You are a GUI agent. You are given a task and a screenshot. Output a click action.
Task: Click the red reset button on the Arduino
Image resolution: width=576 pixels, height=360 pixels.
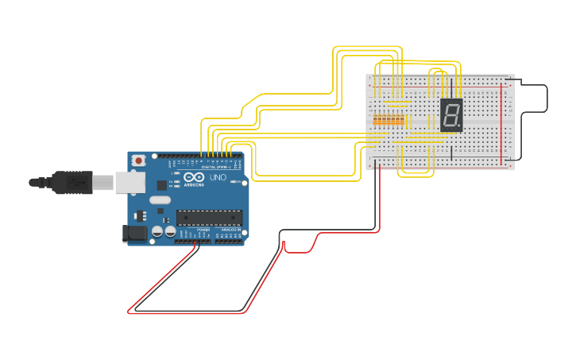pos(139,161)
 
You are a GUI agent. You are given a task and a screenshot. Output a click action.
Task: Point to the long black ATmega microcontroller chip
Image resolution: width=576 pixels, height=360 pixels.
pos(209,218)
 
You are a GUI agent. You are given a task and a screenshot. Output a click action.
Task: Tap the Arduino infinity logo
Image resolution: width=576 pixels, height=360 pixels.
pos(194,177)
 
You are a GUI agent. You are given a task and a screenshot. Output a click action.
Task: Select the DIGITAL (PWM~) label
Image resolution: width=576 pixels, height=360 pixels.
pos(215,167)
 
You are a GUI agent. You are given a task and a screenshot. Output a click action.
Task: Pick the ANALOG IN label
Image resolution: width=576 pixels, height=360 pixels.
pos(230,230)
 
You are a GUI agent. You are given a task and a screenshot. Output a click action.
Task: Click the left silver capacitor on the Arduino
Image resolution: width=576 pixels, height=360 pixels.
pos(157,231)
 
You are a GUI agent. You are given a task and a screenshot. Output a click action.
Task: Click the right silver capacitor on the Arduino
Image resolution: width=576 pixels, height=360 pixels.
pos(170,231)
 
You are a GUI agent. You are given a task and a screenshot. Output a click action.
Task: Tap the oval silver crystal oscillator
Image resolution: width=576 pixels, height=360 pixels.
pos(160,200)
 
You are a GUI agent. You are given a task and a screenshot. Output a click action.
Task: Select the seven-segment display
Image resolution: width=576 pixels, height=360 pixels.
pos(451,115)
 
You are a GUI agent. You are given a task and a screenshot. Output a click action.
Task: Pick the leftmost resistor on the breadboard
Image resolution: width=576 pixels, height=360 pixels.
pos(376,119)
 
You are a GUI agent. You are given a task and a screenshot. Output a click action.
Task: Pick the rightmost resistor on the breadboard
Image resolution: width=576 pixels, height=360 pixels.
pos(402,119)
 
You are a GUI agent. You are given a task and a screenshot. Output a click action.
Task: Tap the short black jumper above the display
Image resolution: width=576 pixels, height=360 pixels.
pos(451,87)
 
